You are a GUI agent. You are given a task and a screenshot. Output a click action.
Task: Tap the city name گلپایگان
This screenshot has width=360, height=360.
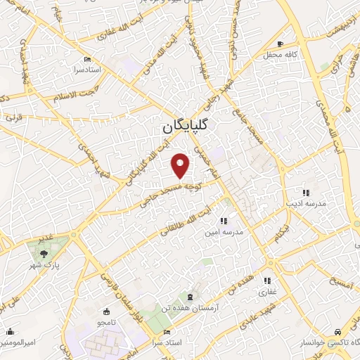click(x=188, y=127)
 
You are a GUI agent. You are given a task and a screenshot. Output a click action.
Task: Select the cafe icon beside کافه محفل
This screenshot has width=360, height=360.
click(x=281, y=44)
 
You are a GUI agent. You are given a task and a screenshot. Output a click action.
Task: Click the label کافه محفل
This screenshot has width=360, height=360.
click(x=282, y=54)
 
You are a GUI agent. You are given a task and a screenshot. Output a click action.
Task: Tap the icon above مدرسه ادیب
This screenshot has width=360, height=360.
click(x=305, y=192)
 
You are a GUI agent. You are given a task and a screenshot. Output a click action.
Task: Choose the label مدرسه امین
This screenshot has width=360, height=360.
click(x=223, y=231)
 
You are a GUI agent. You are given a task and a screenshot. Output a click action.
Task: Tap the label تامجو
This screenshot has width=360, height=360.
click(x=106, y=321)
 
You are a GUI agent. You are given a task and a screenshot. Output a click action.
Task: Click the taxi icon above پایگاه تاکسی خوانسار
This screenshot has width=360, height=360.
click(x=339, y=331)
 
